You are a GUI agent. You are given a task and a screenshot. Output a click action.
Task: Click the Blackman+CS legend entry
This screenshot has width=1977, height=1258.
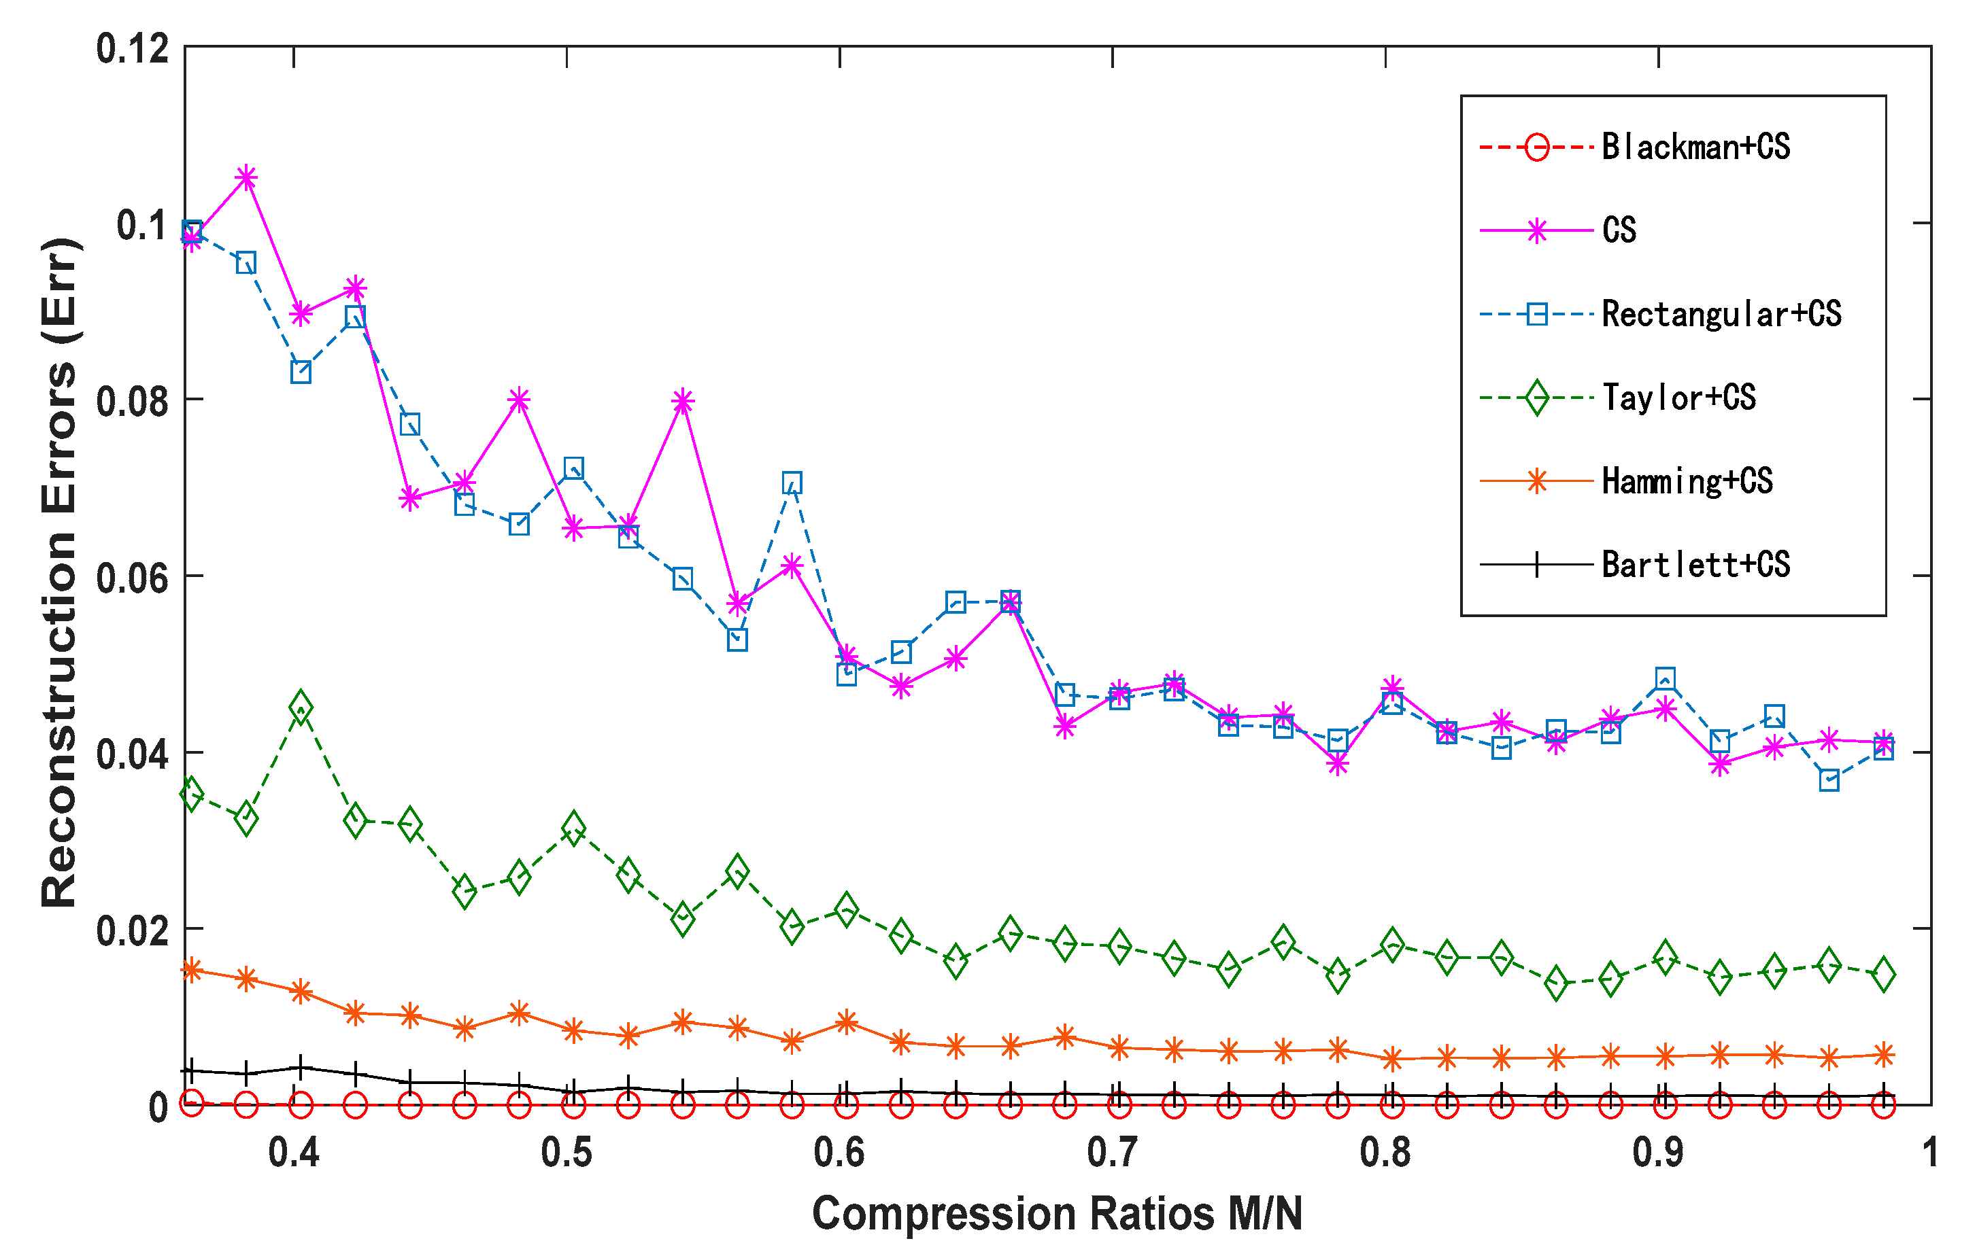tap(1695, 147)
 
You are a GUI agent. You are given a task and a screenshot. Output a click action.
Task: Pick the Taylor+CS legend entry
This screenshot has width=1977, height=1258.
tap(1678, 398)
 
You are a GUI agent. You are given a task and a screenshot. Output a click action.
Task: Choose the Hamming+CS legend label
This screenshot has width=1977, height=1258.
tap(1687, 482)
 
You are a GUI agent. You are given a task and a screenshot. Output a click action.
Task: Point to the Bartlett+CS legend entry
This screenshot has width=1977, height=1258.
tap(1695, 565)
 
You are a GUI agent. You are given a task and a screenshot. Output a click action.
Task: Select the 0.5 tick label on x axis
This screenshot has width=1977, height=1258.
tap(567, 1153)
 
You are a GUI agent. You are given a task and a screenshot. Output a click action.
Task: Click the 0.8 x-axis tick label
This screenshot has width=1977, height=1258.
tap(1385, 1153)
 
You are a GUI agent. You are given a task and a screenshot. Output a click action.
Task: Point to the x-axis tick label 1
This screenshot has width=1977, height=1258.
tap(1930, 1153)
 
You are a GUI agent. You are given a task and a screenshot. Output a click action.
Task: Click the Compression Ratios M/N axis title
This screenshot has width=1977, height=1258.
tap(1057, 1214)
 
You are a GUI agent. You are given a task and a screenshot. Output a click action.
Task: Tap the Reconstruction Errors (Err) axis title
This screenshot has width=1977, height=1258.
tap(59, 573)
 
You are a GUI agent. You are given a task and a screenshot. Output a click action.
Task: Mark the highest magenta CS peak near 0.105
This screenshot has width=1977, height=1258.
tap(246, 177)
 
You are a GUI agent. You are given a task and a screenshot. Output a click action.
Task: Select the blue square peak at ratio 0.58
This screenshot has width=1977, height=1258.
tap(792, 483)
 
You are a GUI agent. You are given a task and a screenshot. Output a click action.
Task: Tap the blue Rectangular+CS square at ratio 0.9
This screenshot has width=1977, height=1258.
tap(1665, 679)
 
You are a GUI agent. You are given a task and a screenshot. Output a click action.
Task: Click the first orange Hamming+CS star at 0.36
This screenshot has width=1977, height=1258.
tap(191, 971)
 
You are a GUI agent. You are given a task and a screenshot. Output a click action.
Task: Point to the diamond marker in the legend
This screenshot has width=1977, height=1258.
tap(1536, 398)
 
